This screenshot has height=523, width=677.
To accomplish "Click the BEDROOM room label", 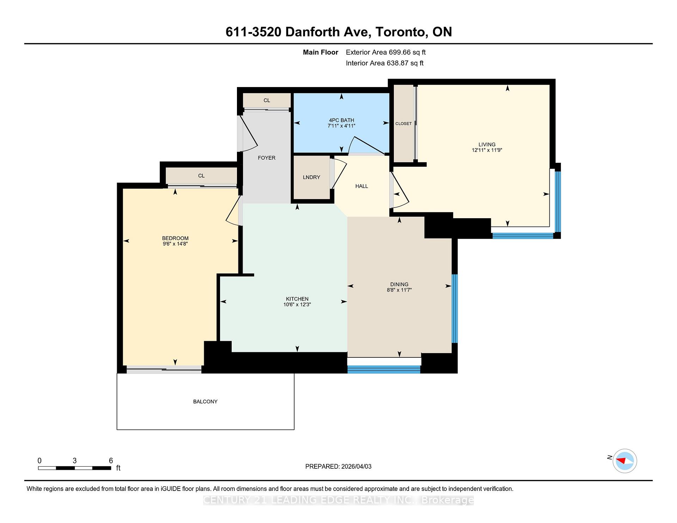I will pos(175,238).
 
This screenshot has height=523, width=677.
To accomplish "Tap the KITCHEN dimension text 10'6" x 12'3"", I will pos(297,304).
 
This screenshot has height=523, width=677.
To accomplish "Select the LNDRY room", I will pos(311,177).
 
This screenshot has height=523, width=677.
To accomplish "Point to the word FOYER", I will pos(267,158).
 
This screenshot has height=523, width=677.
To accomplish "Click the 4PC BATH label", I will pos(341,120).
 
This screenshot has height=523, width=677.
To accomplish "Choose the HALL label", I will pos(361,186).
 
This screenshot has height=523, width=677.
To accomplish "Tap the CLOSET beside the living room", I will pos(403,124).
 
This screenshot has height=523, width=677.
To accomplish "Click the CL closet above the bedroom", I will pos(201,176).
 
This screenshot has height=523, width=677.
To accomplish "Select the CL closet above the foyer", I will pos(267,100).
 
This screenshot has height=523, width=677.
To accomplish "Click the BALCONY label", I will pos(205,401).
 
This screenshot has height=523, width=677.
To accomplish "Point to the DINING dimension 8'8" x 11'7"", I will pos(399,290).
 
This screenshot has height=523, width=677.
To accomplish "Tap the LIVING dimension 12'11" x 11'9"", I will pos(487,150).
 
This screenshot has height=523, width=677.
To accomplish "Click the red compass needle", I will pos(621,461).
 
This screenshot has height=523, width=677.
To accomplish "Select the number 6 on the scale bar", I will pos(111,461).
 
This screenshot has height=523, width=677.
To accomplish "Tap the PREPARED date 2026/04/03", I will pos(356,466).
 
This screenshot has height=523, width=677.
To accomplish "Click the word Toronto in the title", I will pos(401,32).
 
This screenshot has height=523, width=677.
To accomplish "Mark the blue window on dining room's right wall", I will pos(455,309).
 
